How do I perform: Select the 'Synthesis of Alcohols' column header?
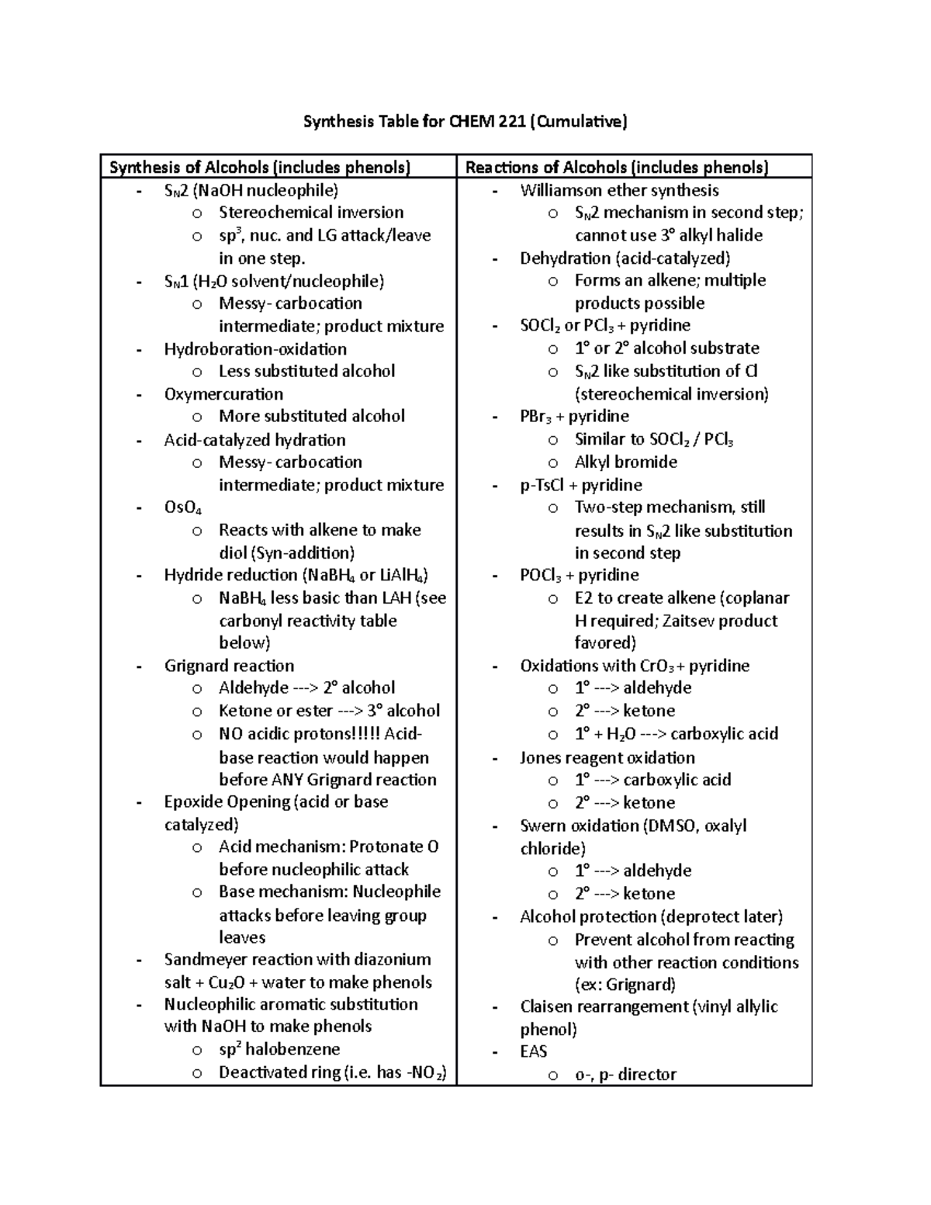[260, 168]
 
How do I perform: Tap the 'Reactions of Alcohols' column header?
[617, 168]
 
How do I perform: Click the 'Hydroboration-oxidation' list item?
[255, 349]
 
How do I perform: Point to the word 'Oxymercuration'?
[223, 394]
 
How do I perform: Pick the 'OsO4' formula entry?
[183, 507]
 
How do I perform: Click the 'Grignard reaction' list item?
[229, 666]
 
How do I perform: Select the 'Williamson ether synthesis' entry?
[619, 191]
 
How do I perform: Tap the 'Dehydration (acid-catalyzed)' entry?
[625, 258]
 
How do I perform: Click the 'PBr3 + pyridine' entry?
[574, 417]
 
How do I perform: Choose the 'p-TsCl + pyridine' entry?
[581, 485]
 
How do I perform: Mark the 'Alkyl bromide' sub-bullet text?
[626, 462]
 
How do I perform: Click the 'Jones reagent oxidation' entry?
[607, 757]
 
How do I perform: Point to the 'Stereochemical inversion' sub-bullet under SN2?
[311, 213]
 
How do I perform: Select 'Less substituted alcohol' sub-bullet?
[307, 372]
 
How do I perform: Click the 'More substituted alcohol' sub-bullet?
[312, 417]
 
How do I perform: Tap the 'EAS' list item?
[534, 1051]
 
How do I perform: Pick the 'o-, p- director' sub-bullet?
[625, 1075]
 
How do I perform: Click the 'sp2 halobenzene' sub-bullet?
[279, 1050]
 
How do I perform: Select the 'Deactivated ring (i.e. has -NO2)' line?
[333, 1073]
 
